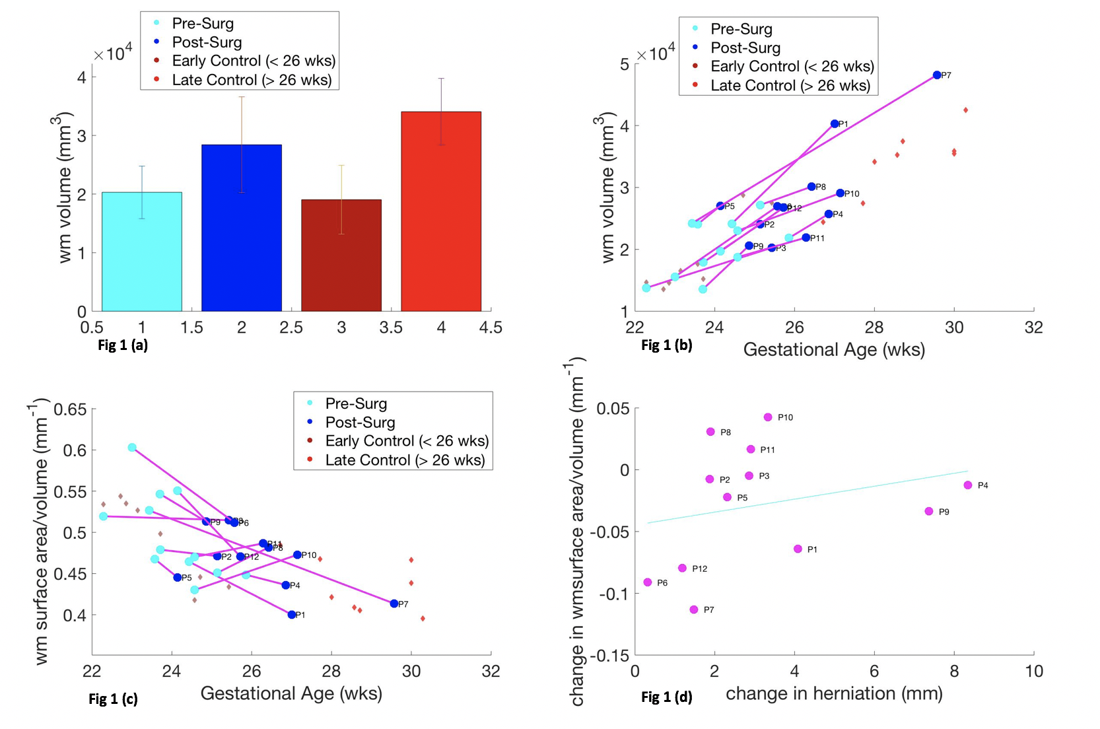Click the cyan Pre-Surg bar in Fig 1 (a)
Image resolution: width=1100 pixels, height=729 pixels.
pyautogui.click(x=142, y=252)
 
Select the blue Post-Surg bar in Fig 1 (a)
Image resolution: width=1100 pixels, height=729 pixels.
pyautogui.click(x=242, y=228)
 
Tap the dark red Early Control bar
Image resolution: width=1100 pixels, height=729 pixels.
pyautogui.click(x=341, y=256)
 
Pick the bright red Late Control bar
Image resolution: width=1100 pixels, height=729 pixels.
pyautogui.click(x=441, y=211)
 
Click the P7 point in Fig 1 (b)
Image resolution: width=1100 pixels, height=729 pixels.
pyautogui.click(x=937, y=75)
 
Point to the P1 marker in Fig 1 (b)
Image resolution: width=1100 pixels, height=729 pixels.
pyautogui.click(x=835, y=124)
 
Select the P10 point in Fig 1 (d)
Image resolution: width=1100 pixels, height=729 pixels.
pyautogui.click(x=768, y=417)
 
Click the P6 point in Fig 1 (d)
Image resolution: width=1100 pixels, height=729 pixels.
pyautogui.click(x=648, y=582)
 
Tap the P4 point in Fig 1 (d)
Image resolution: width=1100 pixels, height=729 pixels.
pyautogui.click(x=968, y=485)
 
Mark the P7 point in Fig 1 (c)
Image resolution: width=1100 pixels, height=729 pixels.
pyautogui.click(x=394, y=604)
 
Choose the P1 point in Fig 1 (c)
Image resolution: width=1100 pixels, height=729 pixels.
pyautogui.click(x=292, y=615)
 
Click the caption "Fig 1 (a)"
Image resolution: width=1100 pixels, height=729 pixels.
pyautogui.click(x=123, y=345)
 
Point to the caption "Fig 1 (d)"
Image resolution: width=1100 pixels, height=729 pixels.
pyautogui.click(x=667, y=697)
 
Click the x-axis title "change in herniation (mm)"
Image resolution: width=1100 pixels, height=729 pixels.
pyautogui.click(x=834, y=693)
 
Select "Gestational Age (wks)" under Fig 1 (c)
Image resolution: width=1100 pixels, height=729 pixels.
pyautogui.click(x=291, y=693)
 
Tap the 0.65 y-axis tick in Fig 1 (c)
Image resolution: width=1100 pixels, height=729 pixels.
pyautogui.click(x=70, y=409)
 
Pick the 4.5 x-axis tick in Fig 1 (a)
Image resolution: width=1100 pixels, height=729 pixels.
pyautogui.click(x=491, y=328)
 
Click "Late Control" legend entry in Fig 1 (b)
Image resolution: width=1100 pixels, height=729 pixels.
pyautogui.click(x=790, y=85)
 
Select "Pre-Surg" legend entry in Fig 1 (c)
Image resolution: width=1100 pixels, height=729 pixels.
pyautogui.click(x=356, y=403)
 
